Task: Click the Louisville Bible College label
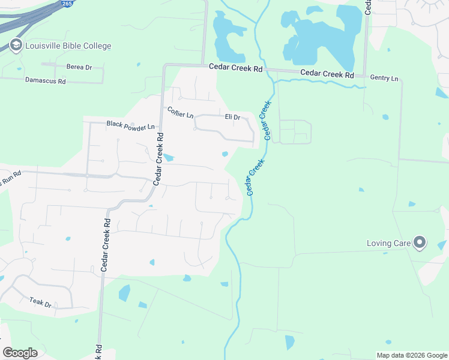coord(68,46)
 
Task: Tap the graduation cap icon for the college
coord(16,46)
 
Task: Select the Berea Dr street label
coord(79,67)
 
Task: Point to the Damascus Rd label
coord(45,80)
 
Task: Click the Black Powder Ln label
coord(130,125)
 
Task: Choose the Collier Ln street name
coord(180,112)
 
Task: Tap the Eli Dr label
coord(232,117)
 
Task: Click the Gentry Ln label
coord(384,79)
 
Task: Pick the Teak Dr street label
coord(41,302)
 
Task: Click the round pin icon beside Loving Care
coord(420,243)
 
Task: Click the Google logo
coord(20,353)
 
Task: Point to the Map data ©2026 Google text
coord(411,355)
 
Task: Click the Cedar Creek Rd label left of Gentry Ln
coord(327,74)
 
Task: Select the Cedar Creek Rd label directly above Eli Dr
coord(236,69)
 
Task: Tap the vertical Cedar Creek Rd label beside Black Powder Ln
coord(159,158)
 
